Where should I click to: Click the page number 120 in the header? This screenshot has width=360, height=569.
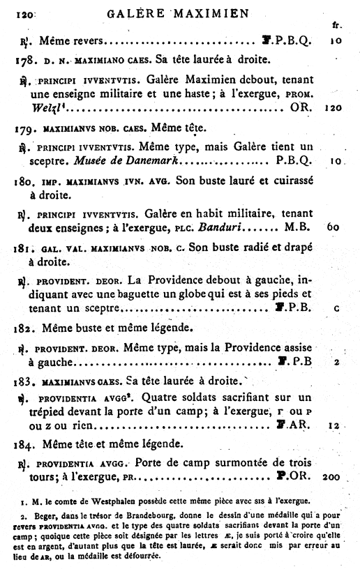(x=24, y=13)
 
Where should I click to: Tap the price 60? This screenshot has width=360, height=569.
(x=333, y=227)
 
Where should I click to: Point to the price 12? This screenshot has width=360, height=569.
(x=335, y=425)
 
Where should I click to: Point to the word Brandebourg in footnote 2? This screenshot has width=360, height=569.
(x=147, y=517)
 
